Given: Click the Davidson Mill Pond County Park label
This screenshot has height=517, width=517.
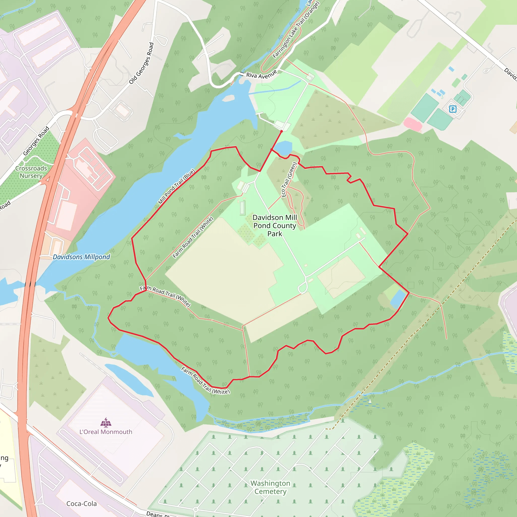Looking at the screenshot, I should click(x=275, y=226).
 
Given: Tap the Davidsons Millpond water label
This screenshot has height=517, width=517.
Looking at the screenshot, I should click(x=81, y=257).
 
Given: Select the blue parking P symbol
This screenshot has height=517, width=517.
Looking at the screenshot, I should click(x=453, y=109).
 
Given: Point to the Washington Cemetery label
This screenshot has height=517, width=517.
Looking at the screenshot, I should click(x=270, y=487).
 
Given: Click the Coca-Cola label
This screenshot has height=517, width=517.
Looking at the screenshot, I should click(x=82, y=504).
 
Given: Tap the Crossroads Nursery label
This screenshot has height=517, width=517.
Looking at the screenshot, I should click(x=31, y=172).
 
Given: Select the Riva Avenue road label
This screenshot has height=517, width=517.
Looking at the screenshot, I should click(x=261, y=75).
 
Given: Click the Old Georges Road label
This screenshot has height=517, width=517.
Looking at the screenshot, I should click(x=141, y=63).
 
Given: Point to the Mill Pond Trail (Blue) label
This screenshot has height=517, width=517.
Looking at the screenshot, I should click(x=177, y=187).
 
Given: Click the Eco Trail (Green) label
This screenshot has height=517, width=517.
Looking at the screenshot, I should click(x=289, y=179).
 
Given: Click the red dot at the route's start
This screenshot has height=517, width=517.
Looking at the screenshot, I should click(x=281, y=131).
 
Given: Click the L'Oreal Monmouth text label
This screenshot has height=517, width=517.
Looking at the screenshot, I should click(x=106, y=432).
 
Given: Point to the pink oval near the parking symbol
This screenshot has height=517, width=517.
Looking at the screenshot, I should click(x=413, y=124).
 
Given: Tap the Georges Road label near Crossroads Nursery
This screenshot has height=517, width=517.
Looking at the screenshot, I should click(x=36, y=141).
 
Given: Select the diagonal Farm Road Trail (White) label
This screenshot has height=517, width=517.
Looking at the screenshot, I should click(x=193, y=237).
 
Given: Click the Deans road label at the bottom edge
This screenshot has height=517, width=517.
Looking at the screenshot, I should click(x=158, y=514).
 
